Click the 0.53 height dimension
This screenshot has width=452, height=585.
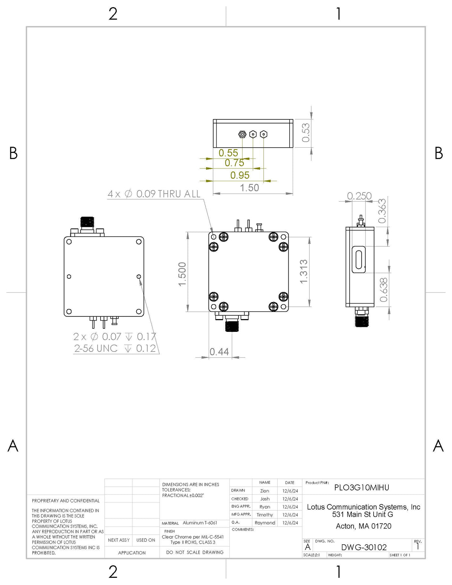306,133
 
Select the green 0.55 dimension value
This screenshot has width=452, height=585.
228,153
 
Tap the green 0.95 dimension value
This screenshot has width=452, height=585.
240,175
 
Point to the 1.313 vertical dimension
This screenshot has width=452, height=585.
304,272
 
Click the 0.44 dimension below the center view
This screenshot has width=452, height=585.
219,352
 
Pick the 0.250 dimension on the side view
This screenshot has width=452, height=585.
359,196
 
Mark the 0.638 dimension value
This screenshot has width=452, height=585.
383,290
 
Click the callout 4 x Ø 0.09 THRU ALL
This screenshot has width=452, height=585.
154,194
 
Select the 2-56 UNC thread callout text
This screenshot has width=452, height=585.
96,348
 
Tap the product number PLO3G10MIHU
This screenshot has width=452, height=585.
362,487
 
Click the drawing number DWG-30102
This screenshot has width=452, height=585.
364,547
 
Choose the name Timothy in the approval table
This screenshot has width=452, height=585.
265,515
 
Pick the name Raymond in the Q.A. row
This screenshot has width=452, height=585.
265,523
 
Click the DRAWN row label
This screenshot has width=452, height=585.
238,490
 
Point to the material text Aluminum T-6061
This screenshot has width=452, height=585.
200,523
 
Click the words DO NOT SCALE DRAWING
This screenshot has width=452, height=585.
195,552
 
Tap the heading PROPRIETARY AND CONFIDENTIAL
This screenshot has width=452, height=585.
66,501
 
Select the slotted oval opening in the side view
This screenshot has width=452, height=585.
359,260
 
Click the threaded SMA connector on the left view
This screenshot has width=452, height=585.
87,222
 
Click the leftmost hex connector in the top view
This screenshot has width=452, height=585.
242,134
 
